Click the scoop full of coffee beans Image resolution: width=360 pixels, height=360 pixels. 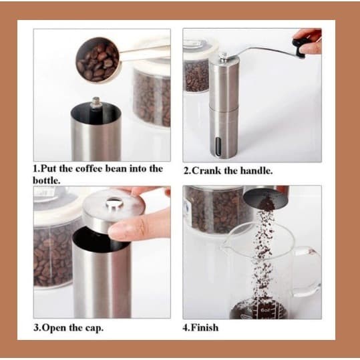(x=98, y=59)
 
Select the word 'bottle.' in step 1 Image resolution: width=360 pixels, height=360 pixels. (x=47, y=180)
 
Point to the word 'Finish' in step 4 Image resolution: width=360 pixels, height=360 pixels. (x=204, y=327)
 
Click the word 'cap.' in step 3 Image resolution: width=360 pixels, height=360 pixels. (x=95, y=329)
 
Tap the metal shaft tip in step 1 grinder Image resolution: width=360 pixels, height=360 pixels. (x=96, y=103)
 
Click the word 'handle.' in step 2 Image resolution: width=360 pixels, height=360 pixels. (x=256, y=171)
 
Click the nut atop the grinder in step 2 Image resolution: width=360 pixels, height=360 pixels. (x=222, y=55)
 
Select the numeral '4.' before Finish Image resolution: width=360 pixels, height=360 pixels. (x=186, y=327)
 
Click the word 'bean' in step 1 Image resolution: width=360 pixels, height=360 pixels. (x=116, y=169)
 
